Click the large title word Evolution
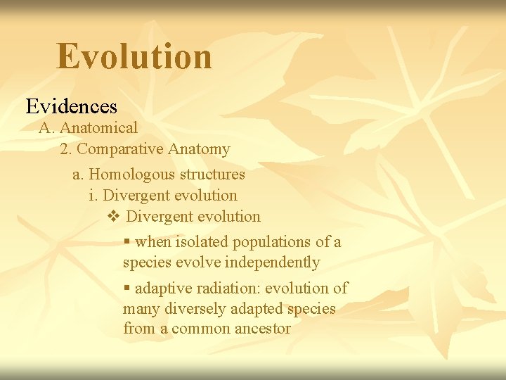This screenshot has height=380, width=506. [x=134, y=56]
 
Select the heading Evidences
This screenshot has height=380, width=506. [x=72, y=106]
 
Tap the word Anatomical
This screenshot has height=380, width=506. [x=99, y=128]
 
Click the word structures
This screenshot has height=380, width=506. [x=212, y=175]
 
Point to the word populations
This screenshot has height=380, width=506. [x=273, y=242]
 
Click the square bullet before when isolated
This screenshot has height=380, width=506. [x=126, y=242]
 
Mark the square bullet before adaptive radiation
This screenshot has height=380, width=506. [x=126, y=289]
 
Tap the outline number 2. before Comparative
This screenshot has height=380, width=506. [x=66, y=149]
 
